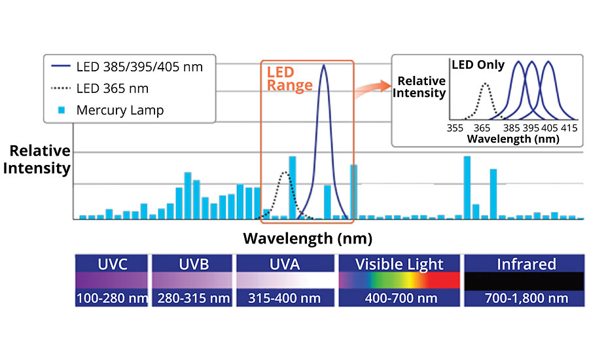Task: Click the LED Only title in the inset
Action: (x=478, y=65)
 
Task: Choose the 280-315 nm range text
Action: (x=192, y=298)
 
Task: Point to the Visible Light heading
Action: (x=399, y=264)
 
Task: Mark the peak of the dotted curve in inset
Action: (x=484, y=82)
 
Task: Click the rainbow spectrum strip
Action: (x=399, y=281)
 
